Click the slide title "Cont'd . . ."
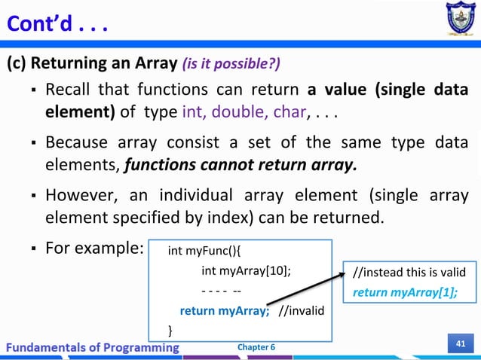click(x=57, y=25)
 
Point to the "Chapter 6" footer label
click(x=256, y=346)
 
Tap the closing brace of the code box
click(x=170, y=329)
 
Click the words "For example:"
click(x=89, y=247)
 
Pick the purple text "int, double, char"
click(x=244, y=113)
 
